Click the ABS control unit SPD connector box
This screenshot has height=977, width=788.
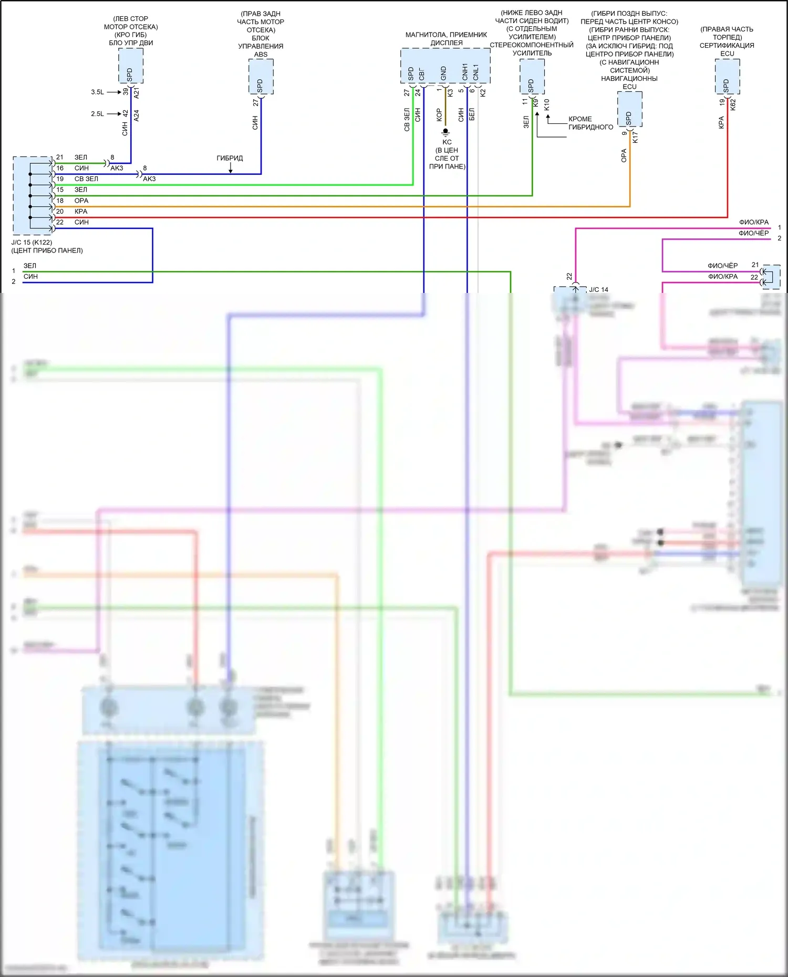point(261,77)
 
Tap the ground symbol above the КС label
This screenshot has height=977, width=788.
point(445,132)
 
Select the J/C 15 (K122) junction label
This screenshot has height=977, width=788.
point(32,243)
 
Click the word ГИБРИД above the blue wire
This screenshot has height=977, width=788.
point(230,158)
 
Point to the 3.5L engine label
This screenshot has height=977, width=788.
point(97,92)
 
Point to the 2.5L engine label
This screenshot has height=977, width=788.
point(97,113)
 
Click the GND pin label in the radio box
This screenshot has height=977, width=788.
point(443,73)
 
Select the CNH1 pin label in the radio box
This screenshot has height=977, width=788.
point(465,72)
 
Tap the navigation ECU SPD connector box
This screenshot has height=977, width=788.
point(629,109)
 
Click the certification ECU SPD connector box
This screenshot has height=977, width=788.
point(727,77)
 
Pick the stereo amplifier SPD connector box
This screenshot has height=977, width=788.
point(532,77)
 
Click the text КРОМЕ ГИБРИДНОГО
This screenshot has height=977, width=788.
point(590,123)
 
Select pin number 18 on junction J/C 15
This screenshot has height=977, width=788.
point(60,201)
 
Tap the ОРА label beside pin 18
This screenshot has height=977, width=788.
point(81,201)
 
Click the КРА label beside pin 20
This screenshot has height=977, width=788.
point(81,212)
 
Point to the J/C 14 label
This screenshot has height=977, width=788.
point(598,290)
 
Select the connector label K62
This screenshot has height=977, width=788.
point(733,104)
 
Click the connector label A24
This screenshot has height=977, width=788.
point(137,115)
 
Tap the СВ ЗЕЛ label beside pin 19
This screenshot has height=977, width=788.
point(86,179)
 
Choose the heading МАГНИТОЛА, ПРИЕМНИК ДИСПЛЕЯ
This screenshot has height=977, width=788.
point(446,39)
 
